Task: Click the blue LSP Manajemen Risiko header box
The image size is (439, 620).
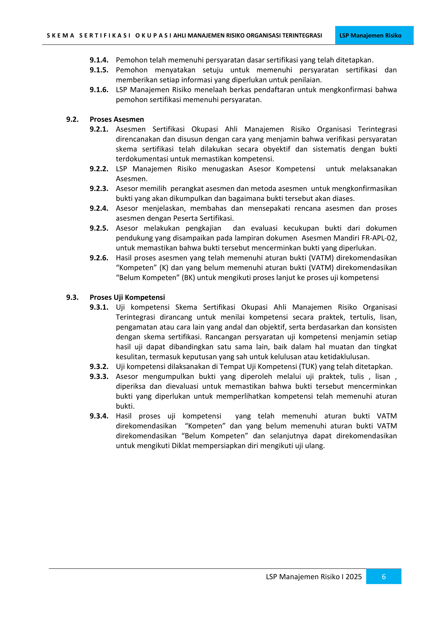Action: tap(374, 35)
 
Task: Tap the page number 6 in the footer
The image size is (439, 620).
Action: tap(383, 577)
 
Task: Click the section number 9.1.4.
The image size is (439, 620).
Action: tap(99, 60)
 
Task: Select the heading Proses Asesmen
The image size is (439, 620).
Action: tap(117, 119)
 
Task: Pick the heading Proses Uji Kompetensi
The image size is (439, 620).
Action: tap(127, 297)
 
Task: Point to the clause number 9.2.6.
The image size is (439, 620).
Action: tap(99, 258)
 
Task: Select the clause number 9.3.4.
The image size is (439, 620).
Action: tap(99, 416)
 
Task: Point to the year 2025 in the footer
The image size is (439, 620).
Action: tap(354, 577)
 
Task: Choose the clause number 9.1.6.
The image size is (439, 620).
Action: tap(99, 90)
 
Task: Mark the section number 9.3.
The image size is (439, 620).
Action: tap(72, 297)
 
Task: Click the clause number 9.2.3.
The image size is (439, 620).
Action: tap(99, 188)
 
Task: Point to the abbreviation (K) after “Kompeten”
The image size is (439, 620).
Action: tap(164, 268)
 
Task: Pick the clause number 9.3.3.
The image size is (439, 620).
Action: tap(99, 376)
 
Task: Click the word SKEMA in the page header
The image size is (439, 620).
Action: tap(60, 36)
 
